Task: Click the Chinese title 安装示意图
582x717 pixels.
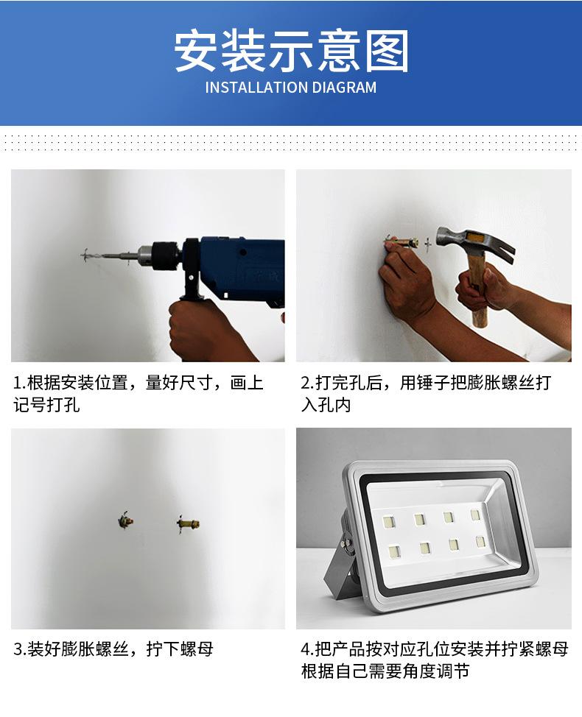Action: tap(291, 51)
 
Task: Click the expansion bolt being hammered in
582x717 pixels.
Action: tap(402, 241)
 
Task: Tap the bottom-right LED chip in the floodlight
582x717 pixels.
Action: tap(480, 542)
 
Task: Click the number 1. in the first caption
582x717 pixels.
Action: tap(18, 383)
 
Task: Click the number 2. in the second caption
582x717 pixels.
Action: tap(306, 383)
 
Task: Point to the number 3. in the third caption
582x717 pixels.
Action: tap(18, 649)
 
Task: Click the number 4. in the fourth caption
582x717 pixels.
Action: tap(306, 649)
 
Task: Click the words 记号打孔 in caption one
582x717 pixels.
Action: tap(46, 405)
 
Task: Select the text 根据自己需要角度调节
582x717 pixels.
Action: tap(385, 671)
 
